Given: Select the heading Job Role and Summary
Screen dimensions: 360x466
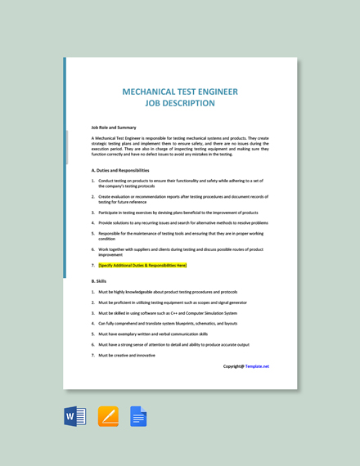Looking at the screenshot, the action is [114, 128].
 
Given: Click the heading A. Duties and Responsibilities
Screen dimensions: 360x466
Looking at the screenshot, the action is [120, 170].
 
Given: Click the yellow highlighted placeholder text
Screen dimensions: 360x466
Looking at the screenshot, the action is [142, 265].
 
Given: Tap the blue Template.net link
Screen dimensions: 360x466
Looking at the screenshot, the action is [257, 366].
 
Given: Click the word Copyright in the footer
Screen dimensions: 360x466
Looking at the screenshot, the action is [233, 366].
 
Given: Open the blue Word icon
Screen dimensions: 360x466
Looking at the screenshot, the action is [75, 417].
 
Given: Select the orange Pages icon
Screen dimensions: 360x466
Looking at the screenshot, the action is [108, 417].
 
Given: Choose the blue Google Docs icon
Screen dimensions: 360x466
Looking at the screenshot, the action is [138, 417].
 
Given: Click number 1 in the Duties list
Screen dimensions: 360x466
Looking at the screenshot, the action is [93, 181].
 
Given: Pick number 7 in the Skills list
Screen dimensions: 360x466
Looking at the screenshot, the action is [93, 356].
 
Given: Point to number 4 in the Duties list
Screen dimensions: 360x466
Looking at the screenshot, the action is [93, 222].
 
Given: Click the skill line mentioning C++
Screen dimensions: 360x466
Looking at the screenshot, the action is [167, 313].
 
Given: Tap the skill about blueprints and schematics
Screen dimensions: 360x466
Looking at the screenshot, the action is [169, 324].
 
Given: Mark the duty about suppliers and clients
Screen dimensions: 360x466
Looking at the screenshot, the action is [180, 249].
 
